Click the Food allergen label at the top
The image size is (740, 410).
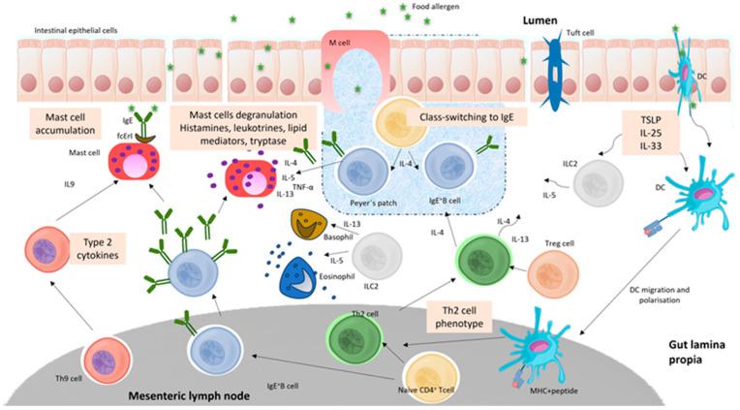click(435, 7)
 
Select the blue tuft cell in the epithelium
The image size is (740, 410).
click(558, 67)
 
